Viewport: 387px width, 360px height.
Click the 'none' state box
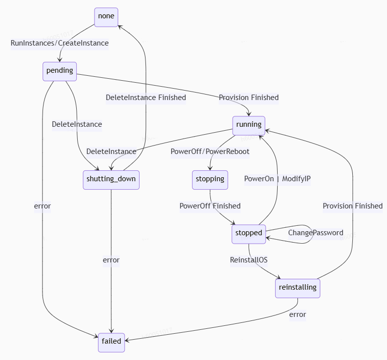pos(106,16)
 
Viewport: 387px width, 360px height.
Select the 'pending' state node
pos(59,71)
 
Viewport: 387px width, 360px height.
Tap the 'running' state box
pos(248,125)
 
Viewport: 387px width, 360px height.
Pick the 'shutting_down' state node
pos(111,179)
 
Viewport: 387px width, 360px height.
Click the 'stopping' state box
pos(210,179)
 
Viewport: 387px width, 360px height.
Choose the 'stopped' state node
pos(248,233)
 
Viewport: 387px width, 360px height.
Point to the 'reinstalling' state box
pos(297,288)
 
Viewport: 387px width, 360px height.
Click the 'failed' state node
pos(111,342)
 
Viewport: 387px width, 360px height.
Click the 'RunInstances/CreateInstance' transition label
pos(59,43)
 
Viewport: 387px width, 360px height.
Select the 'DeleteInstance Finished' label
pos(146,98)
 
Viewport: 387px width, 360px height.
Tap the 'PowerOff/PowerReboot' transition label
pos(210,152)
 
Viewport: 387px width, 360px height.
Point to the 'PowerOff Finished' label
pos(210,206)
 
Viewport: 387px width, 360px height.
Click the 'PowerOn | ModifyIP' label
pos(277,179)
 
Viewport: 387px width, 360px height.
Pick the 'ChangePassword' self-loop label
pos(316,233)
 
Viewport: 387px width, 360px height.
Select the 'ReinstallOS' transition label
pos(248,260)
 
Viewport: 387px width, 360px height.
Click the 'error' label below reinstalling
pos(297,314)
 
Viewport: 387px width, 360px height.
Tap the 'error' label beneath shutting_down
pos(111,260)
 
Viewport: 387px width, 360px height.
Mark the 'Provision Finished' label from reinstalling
pos(352,206)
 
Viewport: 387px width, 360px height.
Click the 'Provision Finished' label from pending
pos(248,98)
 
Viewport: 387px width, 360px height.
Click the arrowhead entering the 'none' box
pos(119,26)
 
